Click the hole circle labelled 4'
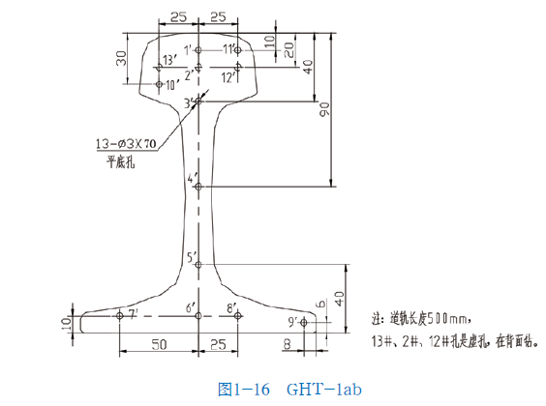click(x=198, y=186)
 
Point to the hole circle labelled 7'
click(x=119, y=315)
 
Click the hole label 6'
click(x=191, y=307)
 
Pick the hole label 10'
click(x=172, y=85)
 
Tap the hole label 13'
click(x=168, y=61)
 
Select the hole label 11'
click(x=230, y=48)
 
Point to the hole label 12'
click(x=229, y=75)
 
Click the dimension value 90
click(x=326, y=113)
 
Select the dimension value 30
click(x=122, y=58)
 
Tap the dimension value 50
click(x=157, y=344)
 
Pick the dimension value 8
click(x=287, y=344)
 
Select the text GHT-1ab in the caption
click(x=323, y=390)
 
